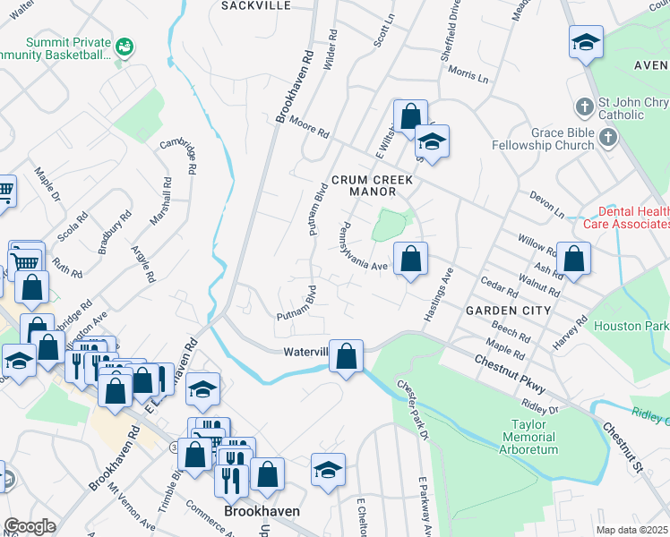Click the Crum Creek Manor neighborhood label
(373, 186)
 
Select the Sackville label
(256, 5)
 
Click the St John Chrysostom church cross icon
(584, 107)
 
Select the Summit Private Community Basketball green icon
(125, 45)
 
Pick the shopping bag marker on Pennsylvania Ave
(410, 260)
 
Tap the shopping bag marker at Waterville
(346, 355)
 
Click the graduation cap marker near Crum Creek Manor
(432, 141)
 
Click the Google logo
(30, 526)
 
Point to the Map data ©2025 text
(631, 530)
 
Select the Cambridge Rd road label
(178, 155)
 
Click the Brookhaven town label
(261, 511)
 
